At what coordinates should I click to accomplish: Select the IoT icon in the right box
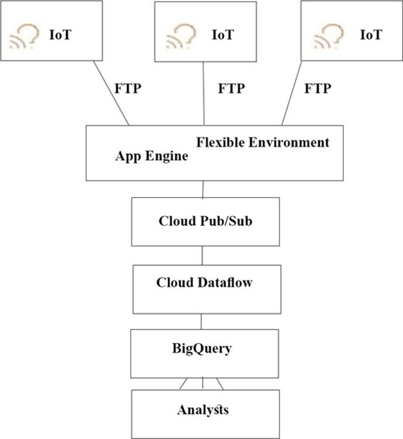[329, 36]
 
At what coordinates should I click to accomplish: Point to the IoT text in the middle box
[223, 34]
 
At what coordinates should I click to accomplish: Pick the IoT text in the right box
[370, 34]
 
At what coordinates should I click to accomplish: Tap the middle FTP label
[231, 89]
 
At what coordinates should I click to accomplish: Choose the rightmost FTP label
[318, 89]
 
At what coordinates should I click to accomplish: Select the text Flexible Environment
[263, 142]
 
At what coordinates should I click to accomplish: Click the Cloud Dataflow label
[204, 283]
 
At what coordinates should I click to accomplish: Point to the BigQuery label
[202, 349]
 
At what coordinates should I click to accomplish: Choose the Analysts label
[203, 410]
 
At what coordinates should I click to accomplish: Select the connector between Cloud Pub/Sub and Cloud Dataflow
[202, 255]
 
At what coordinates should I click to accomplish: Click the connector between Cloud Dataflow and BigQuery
[202, 321]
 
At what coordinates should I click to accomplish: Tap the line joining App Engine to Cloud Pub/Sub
[203, 189]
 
